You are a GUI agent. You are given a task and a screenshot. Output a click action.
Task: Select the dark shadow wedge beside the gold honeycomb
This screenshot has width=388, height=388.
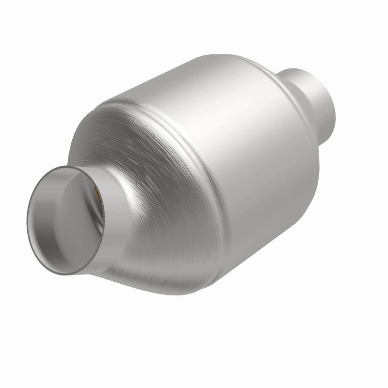click(99, 213)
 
